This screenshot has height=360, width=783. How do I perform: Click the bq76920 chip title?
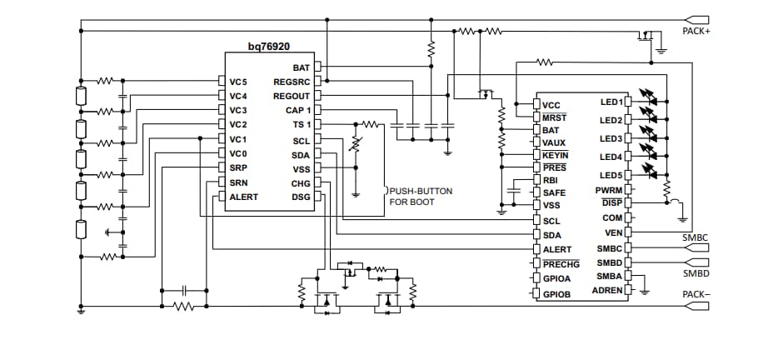[268, 47]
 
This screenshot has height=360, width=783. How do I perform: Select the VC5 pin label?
[240, 82]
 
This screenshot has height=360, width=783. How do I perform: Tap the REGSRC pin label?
[291, 82]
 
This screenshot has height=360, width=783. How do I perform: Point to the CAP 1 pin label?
[297, 110]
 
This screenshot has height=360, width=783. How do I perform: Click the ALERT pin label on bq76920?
[243, 197]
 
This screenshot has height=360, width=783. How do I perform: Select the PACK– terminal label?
[696, 294]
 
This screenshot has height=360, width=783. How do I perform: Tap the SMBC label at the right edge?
[696, 237]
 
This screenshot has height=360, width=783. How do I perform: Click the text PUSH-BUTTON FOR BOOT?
[421, 197]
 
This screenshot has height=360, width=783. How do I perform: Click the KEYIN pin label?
[554, 155]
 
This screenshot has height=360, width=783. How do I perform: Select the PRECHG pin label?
[560, 264]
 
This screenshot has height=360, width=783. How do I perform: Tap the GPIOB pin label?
[556, 295]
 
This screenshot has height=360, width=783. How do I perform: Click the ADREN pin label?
[606, 290]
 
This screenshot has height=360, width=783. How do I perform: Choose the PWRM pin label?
[609, 190]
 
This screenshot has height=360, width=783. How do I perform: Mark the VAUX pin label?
[553, 142]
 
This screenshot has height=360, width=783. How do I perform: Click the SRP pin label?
[239, 167]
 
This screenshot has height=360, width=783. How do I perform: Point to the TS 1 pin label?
[301, 124]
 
